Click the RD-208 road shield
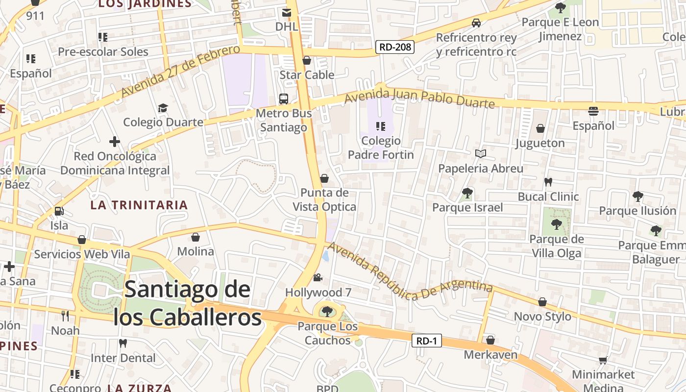pyautogui.click(x=395, y=47)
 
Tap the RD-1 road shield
pyautogui.click(x=426, y=341)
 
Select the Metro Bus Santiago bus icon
pyautogui.click(x=284, y=98)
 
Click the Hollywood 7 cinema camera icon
pyautogui.click(x=318, y=278)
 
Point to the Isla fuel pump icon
pyautogui.click(x=59, y=211)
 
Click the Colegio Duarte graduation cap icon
pyautogui.click(x=163, y=108)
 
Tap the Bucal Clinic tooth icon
pyautogui.click(x=548, y=182)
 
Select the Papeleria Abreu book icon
pyautogui.click(x=481, y=154)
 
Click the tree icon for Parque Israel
pyautogui.click(x=467, y=193)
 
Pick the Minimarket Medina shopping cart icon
pyautogui.click(x=603, y=360)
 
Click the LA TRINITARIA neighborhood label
pyautogui.click(x=139, y=205)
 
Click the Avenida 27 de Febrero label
pyautogui.click(x=180, y=71)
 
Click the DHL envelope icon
pyautogui.click(x=287, y=13)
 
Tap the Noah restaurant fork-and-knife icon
pyautogui.click(x=65, y=316)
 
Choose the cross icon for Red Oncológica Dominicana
pyautogui.click(x=115, y=142)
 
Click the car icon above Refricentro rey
pyautogui.click(x=476, y=23)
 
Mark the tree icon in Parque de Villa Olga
pyautogui.click(x=556, y=224)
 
